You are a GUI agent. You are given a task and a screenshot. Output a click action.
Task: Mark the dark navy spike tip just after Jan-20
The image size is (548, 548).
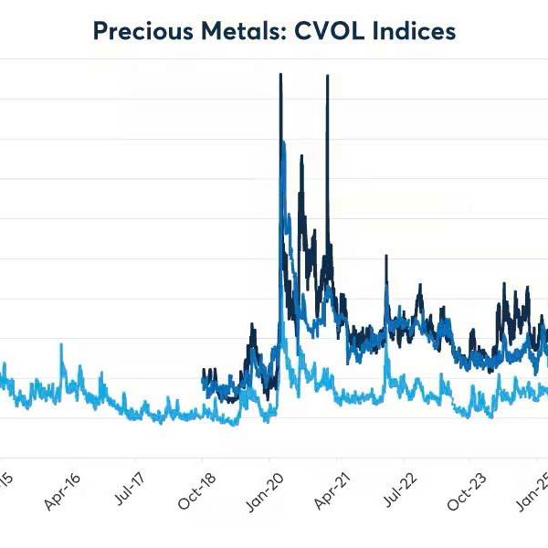(280, 74)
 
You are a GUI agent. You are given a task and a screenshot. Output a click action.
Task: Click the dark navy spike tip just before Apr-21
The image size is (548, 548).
(327, 75)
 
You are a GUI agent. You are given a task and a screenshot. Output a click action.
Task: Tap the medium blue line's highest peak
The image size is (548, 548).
(283, 142)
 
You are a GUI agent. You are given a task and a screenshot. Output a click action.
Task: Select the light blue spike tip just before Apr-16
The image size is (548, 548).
(61, 344)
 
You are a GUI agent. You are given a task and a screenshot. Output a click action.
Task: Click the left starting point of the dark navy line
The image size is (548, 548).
(202, 370)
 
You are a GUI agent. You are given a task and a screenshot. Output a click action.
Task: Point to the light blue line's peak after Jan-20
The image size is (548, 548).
(283, 338)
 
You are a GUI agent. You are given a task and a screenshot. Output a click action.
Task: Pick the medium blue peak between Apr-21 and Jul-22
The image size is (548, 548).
(387, 285)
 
